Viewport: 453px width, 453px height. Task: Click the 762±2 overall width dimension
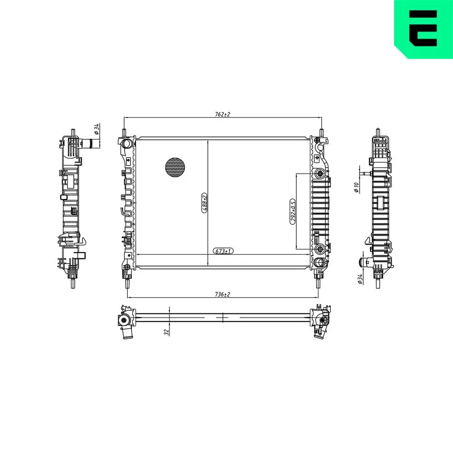point(222,115)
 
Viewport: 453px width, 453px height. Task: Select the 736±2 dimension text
point(222,294)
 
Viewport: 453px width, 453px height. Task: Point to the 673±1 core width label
point(222,251)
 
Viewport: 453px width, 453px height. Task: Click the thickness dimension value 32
point(167,332)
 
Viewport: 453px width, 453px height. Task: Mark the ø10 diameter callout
point(357,187)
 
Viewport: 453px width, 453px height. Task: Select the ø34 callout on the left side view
point(96,130)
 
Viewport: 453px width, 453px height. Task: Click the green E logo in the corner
point(424,28)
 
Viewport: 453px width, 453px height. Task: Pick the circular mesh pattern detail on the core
point(175,167)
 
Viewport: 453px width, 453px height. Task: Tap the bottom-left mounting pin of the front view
point(127,283)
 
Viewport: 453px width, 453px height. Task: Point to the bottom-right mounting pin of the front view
point(318,283)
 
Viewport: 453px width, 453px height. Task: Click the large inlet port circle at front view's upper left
point(126,144)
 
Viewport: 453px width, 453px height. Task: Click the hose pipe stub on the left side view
point(92,144)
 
